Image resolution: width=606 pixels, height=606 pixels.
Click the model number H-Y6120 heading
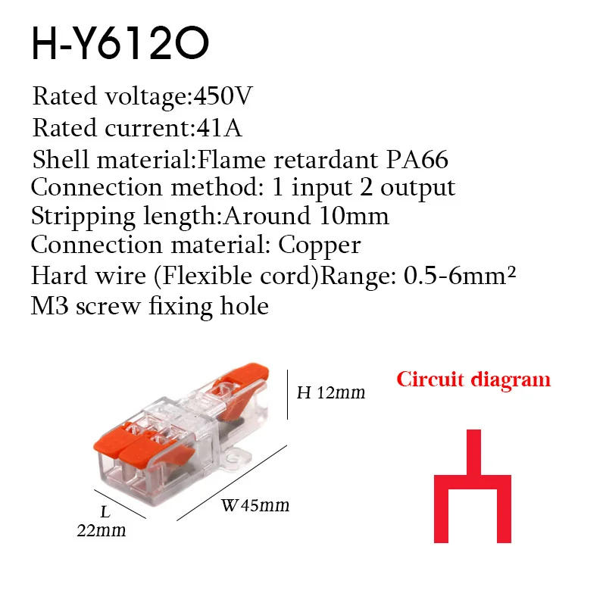point(120,45)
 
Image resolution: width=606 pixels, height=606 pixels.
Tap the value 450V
point(223,97)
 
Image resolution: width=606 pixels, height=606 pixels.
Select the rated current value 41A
point(218,128)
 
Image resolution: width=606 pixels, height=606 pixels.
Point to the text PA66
point(417,160)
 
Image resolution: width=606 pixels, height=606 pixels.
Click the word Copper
point(320,245)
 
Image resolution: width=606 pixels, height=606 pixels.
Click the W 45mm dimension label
point(255,505)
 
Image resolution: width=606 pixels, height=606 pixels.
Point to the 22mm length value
point(101,530)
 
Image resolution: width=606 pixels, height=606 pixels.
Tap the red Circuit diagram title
point(473,379)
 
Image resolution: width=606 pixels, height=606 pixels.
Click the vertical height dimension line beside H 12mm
point(287,394)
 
